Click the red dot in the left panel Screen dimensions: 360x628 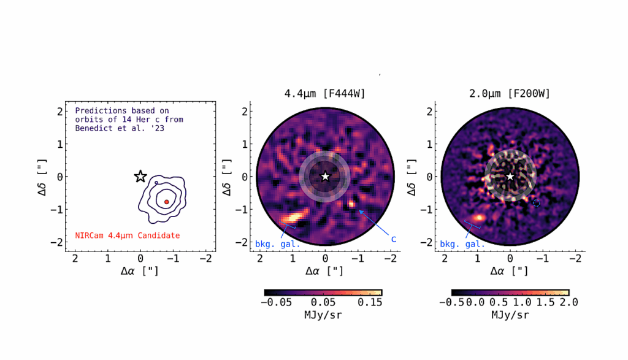pos(166,202)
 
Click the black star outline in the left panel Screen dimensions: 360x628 pos(140,177)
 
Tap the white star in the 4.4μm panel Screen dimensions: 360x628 pos(326,177)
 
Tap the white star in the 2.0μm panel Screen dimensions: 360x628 pos(510,177)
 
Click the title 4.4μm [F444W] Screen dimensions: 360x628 pos(324,94)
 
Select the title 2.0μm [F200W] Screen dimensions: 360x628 pos(510,94)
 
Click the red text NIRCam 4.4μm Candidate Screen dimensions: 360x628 pos(128,236)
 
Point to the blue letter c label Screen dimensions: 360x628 pos(393,239)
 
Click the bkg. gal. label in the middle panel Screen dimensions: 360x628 pos(278,244)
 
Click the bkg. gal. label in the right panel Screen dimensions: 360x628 pos(462,244)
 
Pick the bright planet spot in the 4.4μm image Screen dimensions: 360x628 pos(351,203)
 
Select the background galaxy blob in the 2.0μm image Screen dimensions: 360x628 pos(480,217)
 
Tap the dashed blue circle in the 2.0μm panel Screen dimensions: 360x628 pos(537,203)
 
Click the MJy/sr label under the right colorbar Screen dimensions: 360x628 pos(510,315)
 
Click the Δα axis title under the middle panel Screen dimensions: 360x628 pos(325,270)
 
